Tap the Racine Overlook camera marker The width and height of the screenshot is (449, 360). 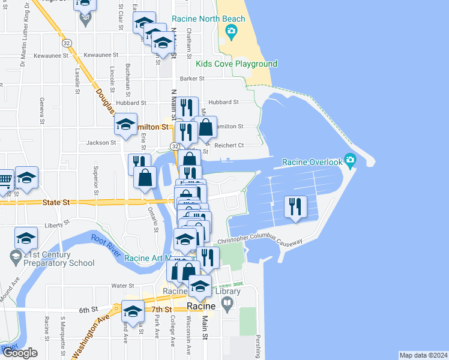click(x=351, y=161)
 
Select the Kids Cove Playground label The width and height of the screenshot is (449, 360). click(x=237, y=64)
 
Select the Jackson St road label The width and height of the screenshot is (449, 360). click(x=101, y=143)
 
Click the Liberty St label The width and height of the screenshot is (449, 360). click(x=58, y=226)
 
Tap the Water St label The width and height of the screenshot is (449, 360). click(x=122, y=286)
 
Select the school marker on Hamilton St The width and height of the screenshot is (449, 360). click(x=125, y=125)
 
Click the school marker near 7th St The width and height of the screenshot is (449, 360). click(x=133, y=311)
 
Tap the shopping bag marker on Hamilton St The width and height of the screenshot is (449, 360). click(x=206, y=127)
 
